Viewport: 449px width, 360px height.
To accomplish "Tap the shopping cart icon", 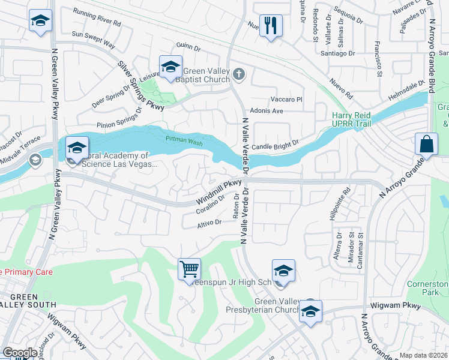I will pos(189,268).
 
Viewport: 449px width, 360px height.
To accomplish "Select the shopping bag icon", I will pos(426,145).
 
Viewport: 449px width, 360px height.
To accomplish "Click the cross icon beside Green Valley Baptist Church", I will pos(239,74).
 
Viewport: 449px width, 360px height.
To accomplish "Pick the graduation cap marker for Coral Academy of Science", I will pos(77,148).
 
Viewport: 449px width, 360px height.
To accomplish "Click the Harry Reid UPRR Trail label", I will pos(352,119).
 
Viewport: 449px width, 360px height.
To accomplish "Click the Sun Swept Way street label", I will pos(93,39).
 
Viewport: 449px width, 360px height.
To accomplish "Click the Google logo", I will pos(19,353).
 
